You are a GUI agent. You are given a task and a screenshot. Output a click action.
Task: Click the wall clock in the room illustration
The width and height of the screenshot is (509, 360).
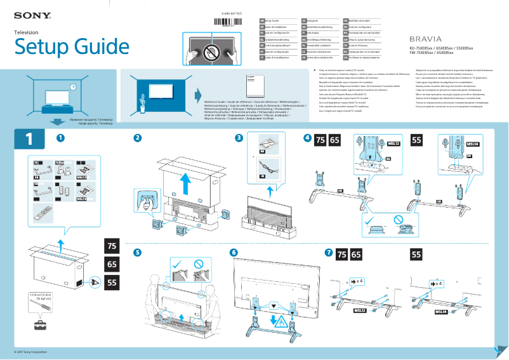(x=73, y=86)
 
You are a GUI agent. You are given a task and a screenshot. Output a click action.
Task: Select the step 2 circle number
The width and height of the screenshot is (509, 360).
(x=137, y=138)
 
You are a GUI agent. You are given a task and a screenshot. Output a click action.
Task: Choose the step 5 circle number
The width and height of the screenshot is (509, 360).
(x=137, y=253)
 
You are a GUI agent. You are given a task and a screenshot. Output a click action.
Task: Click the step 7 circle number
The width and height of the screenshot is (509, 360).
(x=327, y=253)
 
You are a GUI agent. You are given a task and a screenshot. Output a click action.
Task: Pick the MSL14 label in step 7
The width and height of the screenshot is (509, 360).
(x=441, y=312)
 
